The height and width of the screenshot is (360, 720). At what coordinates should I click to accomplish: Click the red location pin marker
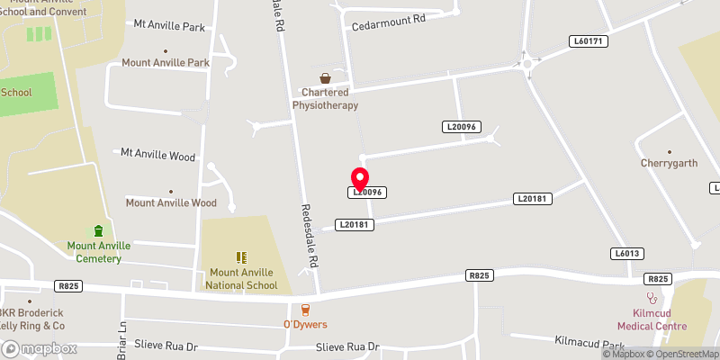coord(360,178)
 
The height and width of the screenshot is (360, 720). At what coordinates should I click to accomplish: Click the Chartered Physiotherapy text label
coord(325,99)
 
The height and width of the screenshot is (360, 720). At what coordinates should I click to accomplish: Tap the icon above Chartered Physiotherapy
coord(325,79)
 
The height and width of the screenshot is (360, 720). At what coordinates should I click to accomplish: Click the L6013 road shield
coord(627,254)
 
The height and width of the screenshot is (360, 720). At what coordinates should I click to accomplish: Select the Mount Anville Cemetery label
coord(99,252)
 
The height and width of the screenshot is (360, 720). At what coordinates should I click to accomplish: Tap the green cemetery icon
coord(99,232)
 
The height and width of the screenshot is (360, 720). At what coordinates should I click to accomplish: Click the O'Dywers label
coord(305,324)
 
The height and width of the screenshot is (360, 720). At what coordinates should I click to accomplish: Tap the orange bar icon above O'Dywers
coord(305,309)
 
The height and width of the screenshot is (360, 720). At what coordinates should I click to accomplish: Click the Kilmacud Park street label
coord(589,344)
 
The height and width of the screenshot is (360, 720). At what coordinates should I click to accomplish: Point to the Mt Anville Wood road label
coord(157,155)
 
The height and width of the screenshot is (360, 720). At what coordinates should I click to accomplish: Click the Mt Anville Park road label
coord(169,27)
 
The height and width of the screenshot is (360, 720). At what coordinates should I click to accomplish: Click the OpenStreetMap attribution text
coord(681,353)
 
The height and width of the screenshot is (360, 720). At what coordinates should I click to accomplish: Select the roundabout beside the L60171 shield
coord(526,63)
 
